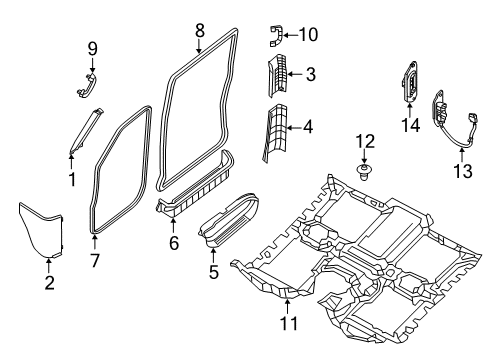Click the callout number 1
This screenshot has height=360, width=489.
(72, 179)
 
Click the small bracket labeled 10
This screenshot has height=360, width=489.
(275, 37)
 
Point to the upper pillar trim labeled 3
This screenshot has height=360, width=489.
(280, 77)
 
